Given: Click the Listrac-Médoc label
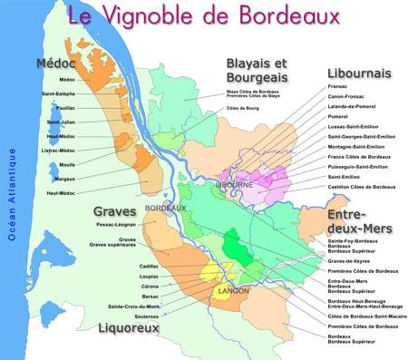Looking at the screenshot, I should [57, 150].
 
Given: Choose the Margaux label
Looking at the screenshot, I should [63, 179].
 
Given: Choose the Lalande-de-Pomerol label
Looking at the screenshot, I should [353, 106].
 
